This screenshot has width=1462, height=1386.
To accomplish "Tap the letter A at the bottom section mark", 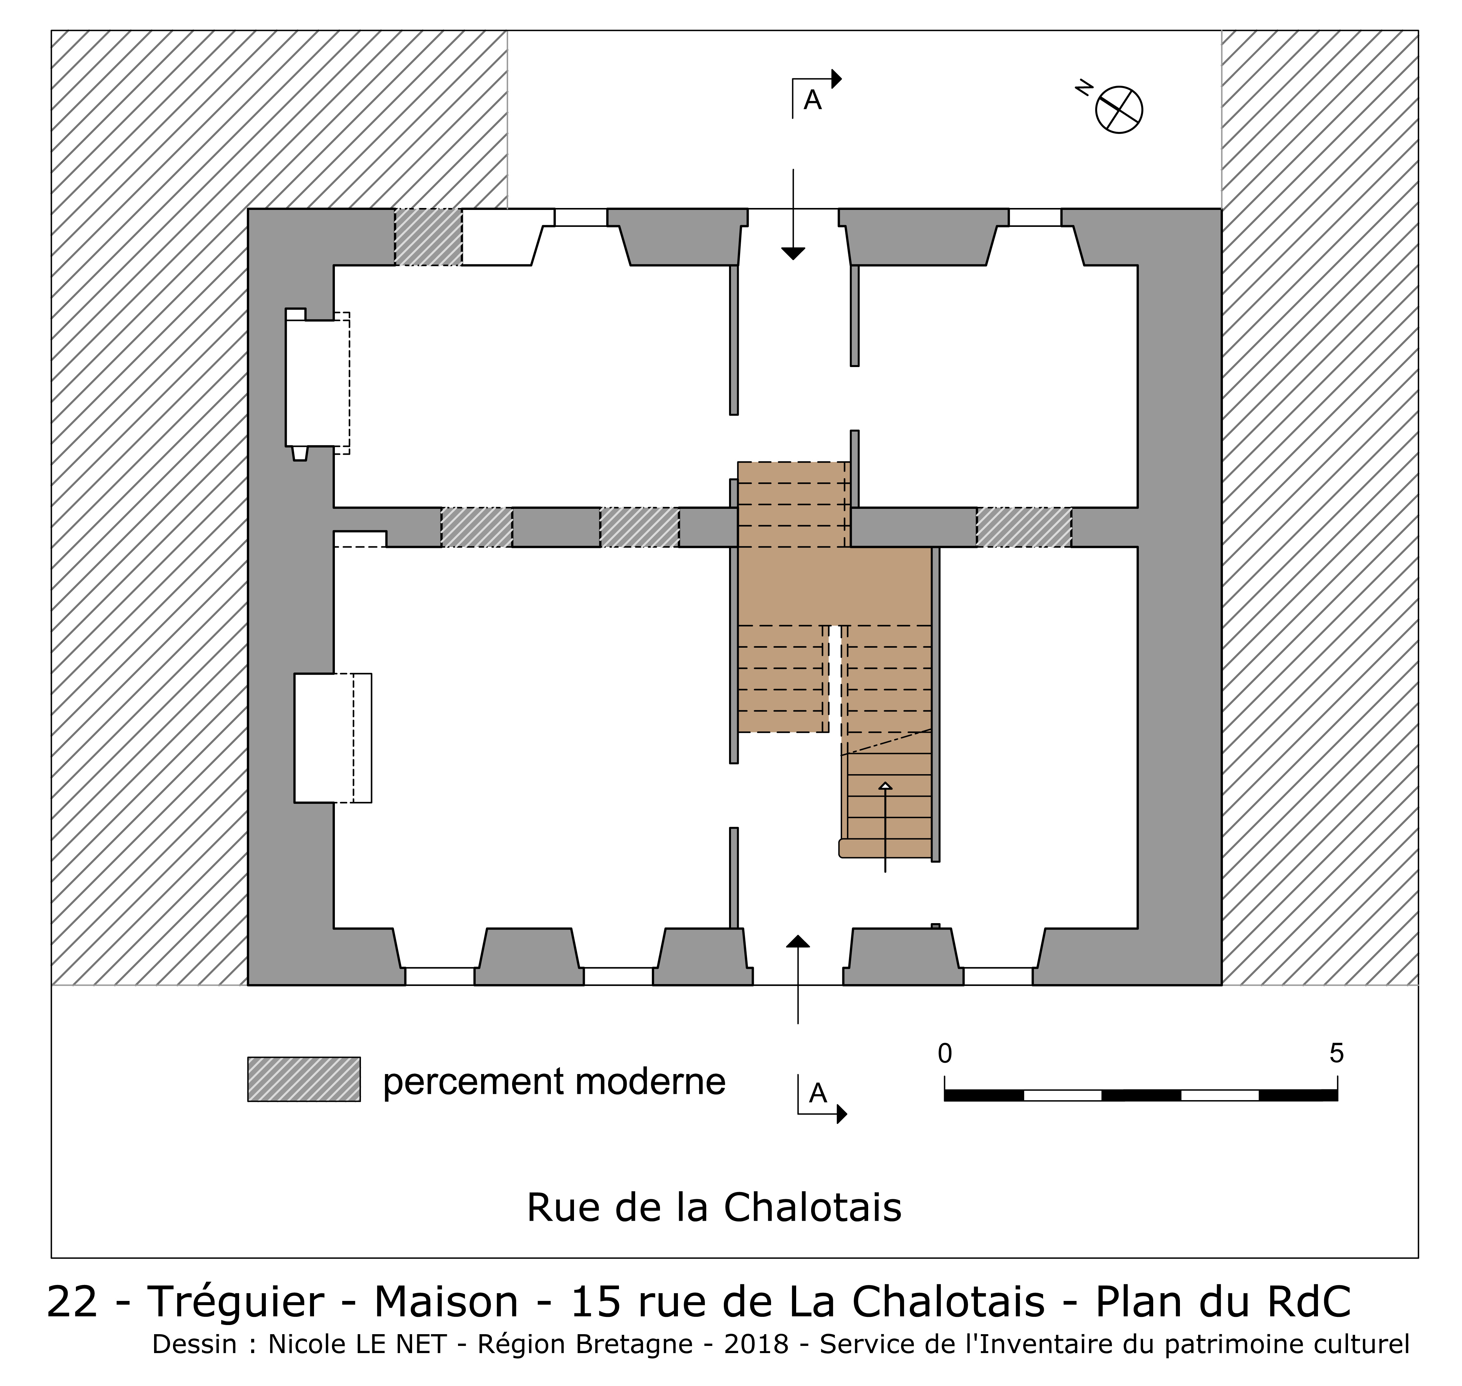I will [x=817, y=1093].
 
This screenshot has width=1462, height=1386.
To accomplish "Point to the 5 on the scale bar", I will [x=1337, y=1054].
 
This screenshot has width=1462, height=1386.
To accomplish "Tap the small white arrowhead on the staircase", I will [x=885, y=785].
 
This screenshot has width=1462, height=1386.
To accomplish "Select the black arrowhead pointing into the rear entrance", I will [x=793, y=253].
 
